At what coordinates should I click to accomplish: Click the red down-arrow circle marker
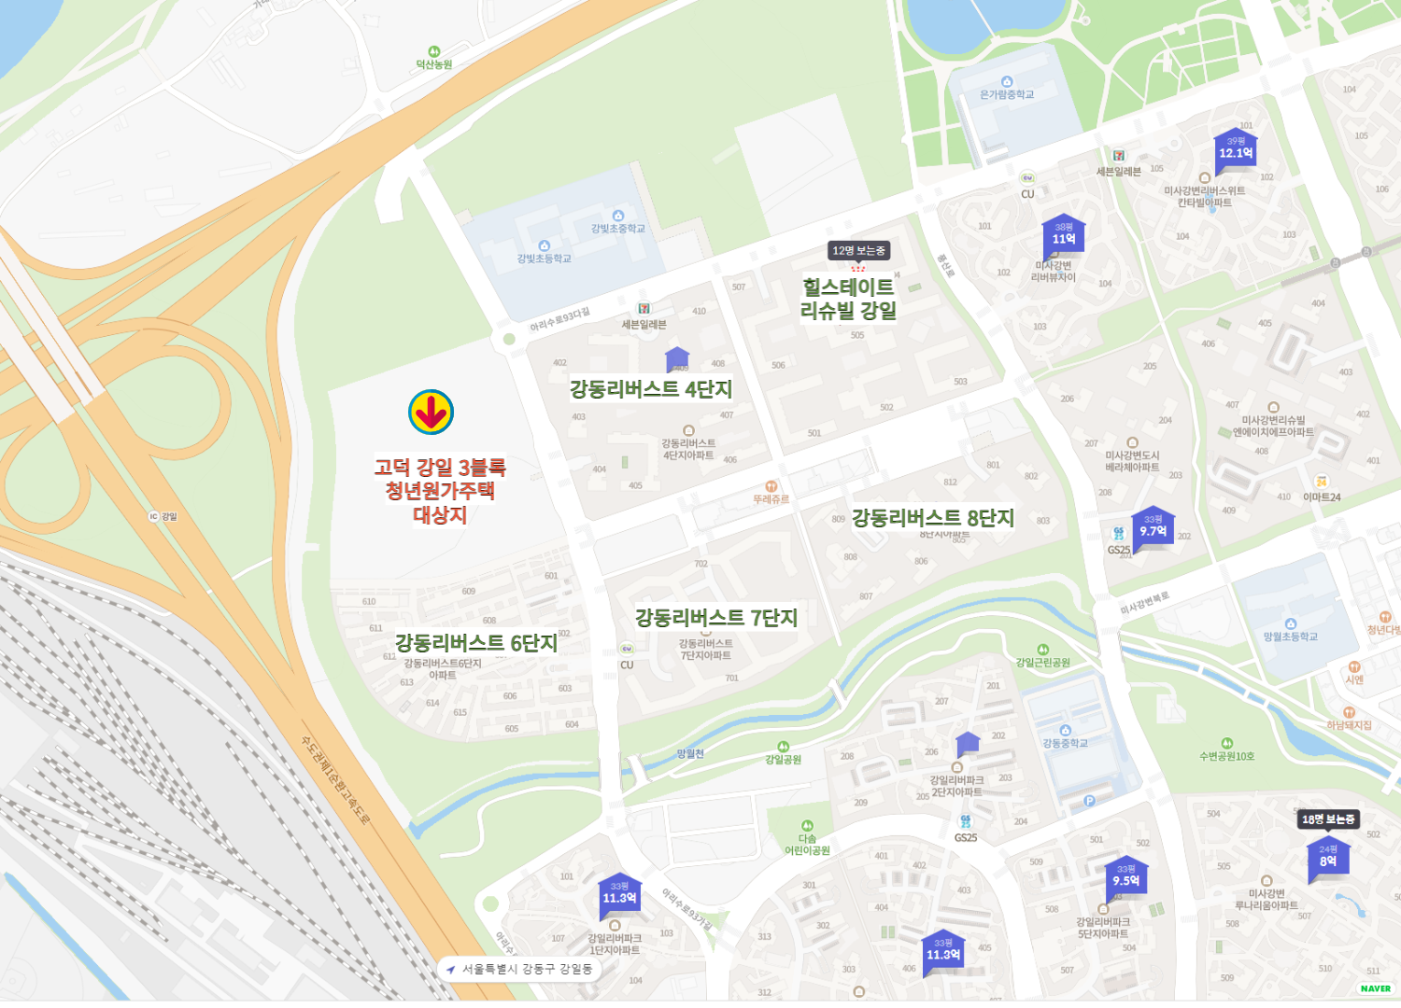(x=431, y=413)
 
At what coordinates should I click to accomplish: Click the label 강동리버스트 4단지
(x=651, y=389)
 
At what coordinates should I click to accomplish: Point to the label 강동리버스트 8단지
(x=932, y=518)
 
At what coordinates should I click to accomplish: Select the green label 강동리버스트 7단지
(x=716, y=617)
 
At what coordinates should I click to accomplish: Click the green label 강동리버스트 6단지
(x=476, y=642)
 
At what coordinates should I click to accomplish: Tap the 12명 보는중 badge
(x=859, y=250)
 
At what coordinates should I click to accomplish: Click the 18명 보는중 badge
(x=1328, y=819)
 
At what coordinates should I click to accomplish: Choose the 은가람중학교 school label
(x=1007, y=94)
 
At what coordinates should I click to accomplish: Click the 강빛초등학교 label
(x=544, y=259)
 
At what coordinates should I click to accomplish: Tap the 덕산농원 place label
(x=434, y=64)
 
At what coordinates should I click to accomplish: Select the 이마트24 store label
(x=1322, y=497)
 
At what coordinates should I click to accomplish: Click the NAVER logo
(x=1375, y=988)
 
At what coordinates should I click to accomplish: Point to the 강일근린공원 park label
(x=1043, y=662)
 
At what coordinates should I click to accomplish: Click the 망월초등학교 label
(x=1291, y=637)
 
